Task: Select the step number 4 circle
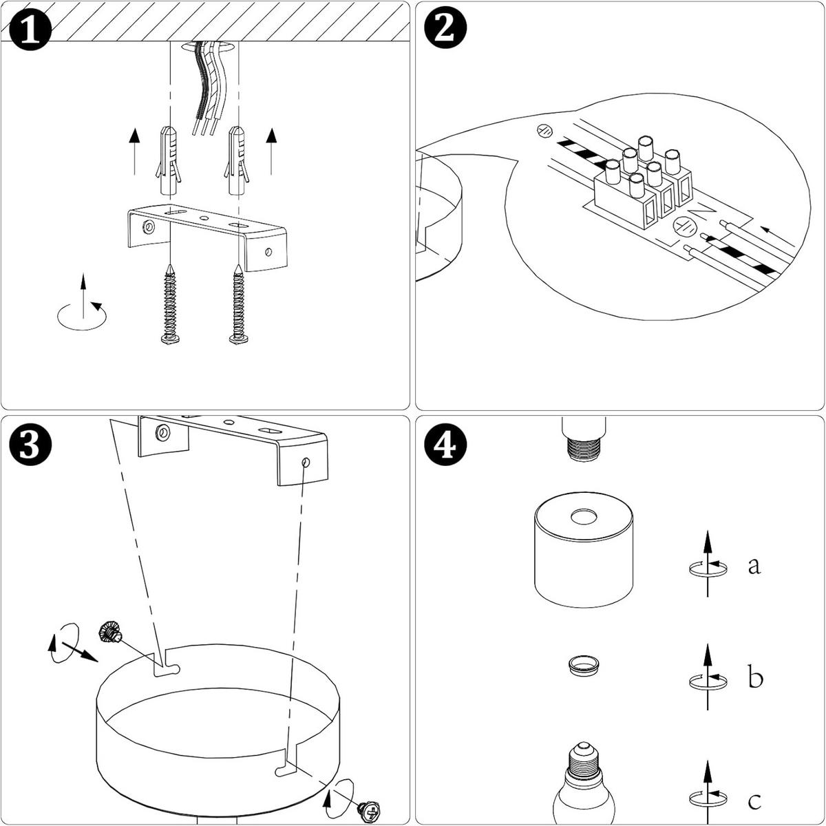pyautogui.click(x=446, y=445)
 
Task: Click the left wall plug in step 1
pyautogui.click(x=169, y=160)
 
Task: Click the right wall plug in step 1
pyautogui.click(x=237, y=160)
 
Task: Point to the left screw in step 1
pyautogui.click(x=170, y=304)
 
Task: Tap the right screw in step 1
pyautogui.click(x=238, y=304)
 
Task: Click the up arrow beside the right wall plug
pyautogui.click(x=271, y=151)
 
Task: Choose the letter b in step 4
pyautogui.click(x=755, y=677)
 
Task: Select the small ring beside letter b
pyautogui.click(x=584, y=666)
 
